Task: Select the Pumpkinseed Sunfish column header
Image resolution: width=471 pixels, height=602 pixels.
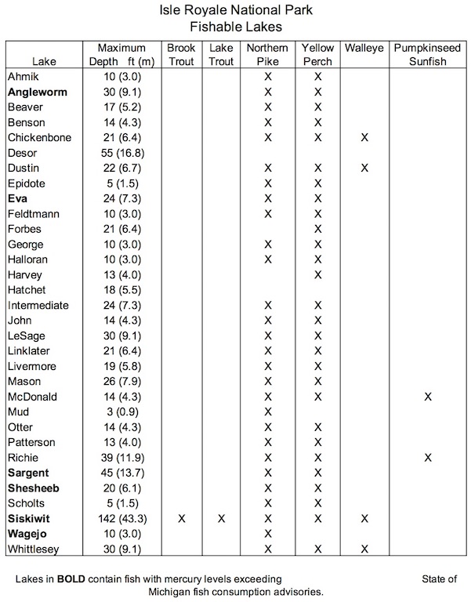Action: (x=428, y=54)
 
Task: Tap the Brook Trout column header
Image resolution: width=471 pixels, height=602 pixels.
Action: (x=181, y=54)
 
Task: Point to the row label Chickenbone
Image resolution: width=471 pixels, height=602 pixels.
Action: (x=39, y=138)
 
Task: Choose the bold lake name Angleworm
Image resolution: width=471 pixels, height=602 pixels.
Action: (x=38, y=92)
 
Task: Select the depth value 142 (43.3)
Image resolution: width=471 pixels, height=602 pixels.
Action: (x=122, y=519)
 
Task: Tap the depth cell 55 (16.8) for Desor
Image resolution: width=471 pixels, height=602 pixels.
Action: (x=122, y=153)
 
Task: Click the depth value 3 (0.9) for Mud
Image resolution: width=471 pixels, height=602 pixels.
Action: (x=122, y=412)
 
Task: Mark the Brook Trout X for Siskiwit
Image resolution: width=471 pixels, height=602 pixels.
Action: (x=182, y=519)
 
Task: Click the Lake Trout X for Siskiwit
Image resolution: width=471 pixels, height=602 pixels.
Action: (x=222, y=519)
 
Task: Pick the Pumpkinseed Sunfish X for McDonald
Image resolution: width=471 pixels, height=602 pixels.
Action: (x=428, y=397)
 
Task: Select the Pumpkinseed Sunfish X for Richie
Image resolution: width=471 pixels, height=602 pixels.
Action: (x=428, y=458)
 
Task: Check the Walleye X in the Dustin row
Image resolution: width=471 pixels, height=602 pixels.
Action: (x=364, y=169)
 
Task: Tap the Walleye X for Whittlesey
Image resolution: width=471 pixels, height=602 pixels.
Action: (x=364, y=549)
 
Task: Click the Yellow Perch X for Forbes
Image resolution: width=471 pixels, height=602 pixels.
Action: (x=317, y=230)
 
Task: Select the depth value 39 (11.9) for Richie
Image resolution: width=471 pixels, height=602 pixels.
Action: (x=122, y=458)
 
